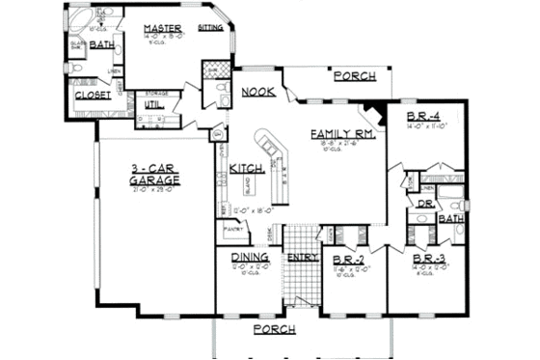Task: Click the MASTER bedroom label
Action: tap(163, 28)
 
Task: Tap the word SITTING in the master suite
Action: tap(209, 29)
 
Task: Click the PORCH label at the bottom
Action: tap(273, 330)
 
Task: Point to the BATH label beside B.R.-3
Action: tap(451, 219)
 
